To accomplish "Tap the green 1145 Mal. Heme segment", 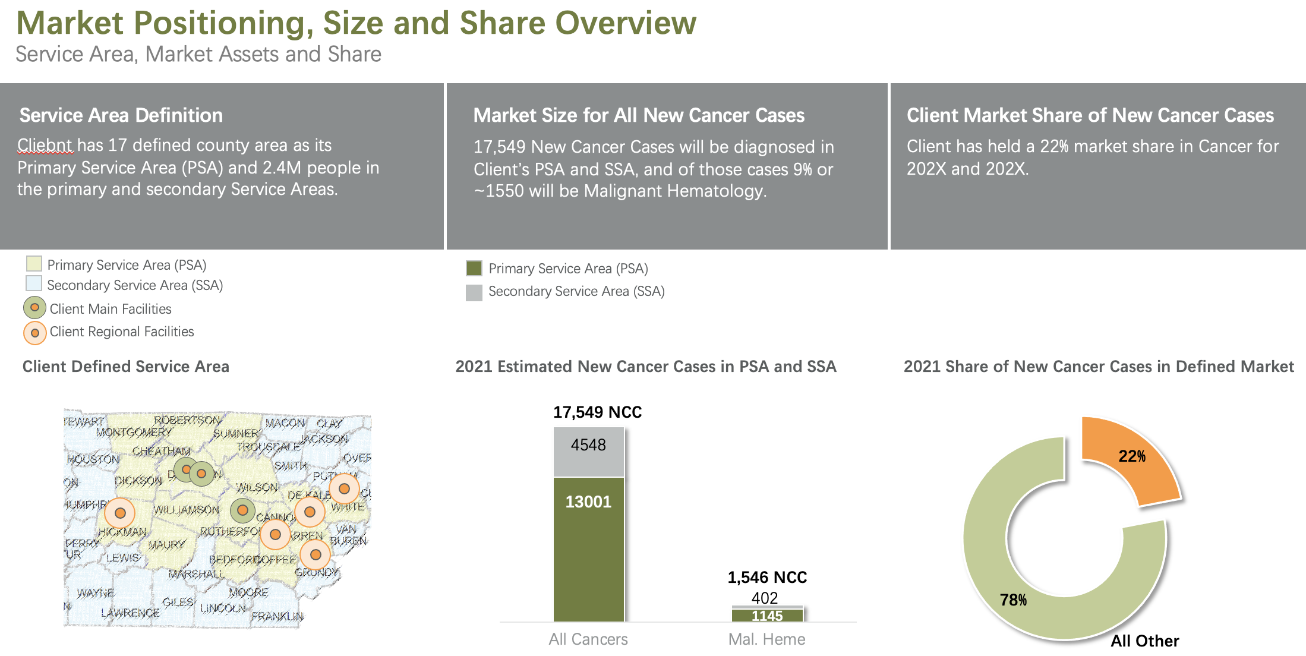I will (x=767, y=616).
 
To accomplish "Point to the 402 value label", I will (x=765, y=598).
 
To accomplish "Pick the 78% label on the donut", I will (x=1013, y=600).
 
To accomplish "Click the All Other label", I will (x=1144, y=641).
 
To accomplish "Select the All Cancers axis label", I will (x=588, y=639).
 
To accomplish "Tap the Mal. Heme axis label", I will (x=766, y=639).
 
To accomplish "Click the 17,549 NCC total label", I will (x=597, y=412).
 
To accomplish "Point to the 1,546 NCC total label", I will (x=767, y=578).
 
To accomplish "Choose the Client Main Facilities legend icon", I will (x=34, y=308).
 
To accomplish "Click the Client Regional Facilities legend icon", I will (x=34, y=333).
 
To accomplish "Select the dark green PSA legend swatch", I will (x=474, y=269).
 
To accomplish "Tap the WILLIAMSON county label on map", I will (x=186, y=510).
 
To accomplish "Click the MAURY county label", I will (x=166, y=544).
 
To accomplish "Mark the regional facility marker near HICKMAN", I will (x=120, y=513).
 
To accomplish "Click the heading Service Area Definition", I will (x=121, y=115).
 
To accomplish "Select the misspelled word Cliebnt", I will (x=45, y=145).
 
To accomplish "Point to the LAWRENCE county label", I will (x=130, y=613).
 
